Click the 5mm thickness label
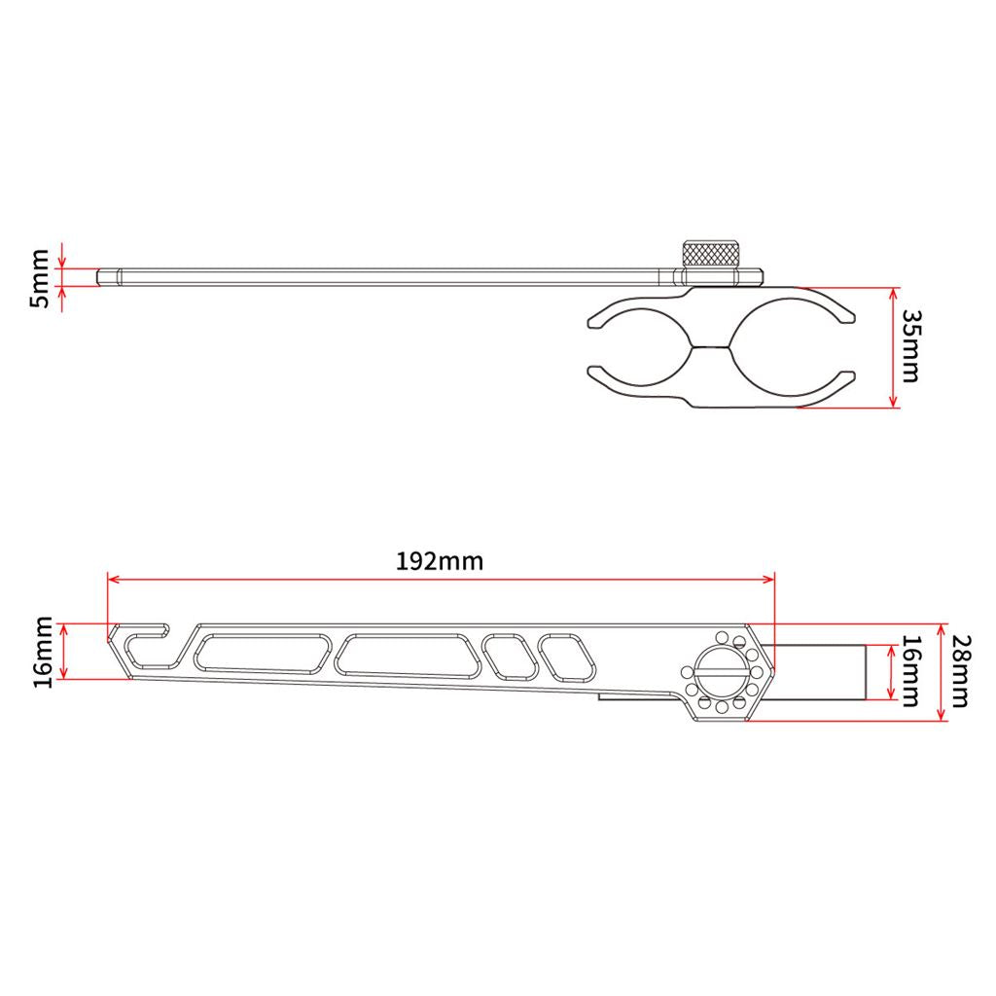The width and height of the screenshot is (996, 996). pos(39,278)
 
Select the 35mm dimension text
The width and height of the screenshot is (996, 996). pos(910,346)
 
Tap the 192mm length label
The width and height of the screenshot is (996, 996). pos(440,561)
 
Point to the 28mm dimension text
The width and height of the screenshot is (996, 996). pos(959,671)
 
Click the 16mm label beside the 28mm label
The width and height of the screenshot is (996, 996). pos(910,671)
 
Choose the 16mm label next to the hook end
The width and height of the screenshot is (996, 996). pos(43,652)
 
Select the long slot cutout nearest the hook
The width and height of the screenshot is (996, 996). pos(263,653)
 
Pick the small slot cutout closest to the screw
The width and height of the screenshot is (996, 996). pos(567,658)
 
